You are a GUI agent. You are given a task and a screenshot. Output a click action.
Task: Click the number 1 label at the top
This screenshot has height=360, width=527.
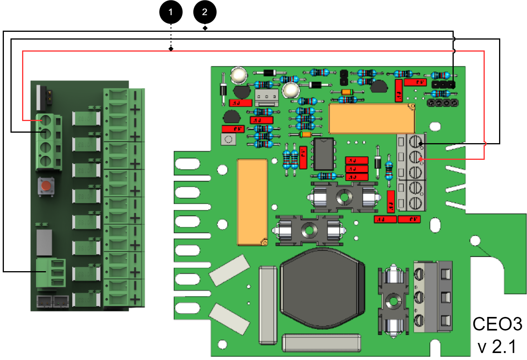(171, 12)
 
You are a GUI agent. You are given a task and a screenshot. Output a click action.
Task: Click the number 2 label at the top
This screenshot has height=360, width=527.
(205, 12)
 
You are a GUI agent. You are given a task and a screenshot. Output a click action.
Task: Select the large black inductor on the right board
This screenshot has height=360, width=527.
(322, 288)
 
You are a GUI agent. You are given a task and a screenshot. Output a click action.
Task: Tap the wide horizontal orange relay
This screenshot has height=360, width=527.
(371, 118)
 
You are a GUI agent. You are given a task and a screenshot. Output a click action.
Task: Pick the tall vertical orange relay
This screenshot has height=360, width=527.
(252, 202)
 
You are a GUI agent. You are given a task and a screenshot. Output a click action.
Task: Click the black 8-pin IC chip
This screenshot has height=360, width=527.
(324, 154)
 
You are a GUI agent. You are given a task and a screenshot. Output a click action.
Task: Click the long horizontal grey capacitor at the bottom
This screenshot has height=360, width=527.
(321, 343)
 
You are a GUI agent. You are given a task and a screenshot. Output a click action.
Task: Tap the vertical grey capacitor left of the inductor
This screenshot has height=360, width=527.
(268, 305)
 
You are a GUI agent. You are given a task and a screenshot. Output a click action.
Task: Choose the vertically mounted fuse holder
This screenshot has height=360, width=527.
(393, 301)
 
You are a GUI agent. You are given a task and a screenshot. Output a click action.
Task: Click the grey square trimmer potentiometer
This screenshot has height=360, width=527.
(228, 139)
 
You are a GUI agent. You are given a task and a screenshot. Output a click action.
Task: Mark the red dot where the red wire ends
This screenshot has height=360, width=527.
(421, 159)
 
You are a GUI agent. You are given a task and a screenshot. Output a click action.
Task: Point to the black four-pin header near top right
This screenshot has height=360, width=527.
(442, 103)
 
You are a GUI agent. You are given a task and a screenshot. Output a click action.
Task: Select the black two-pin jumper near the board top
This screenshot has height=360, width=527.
(343, 78)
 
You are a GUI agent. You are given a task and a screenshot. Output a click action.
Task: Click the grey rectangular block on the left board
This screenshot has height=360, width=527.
(44, 242)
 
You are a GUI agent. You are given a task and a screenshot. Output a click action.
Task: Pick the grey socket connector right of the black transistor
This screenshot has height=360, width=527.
(266, 97)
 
